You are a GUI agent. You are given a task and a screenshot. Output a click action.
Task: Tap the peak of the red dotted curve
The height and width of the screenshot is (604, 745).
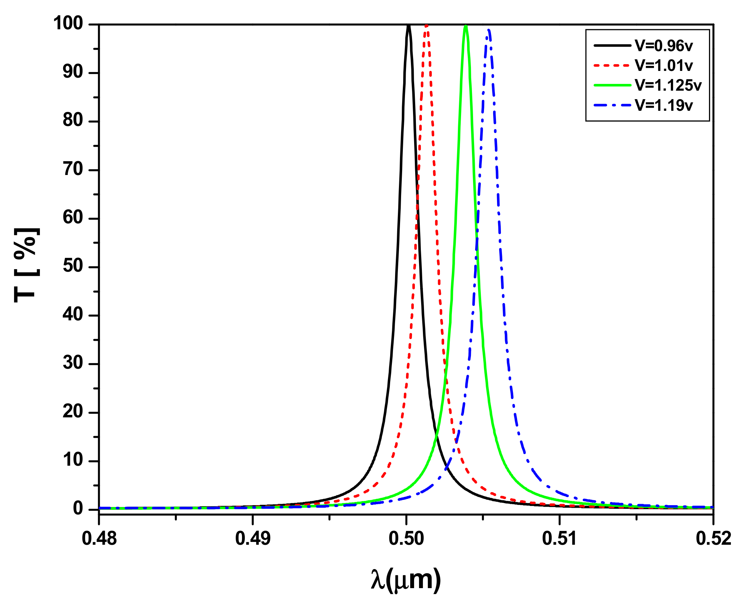(427, 26)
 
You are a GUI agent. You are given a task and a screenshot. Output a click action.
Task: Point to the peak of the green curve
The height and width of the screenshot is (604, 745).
(466, 26)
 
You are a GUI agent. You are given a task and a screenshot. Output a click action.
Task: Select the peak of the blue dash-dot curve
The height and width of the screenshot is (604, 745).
(489, 30)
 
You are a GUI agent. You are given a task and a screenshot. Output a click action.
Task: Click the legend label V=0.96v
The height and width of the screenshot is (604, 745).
(664, 46)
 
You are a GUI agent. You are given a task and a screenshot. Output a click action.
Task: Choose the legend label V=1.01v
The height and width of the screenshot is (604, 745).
(664, 65)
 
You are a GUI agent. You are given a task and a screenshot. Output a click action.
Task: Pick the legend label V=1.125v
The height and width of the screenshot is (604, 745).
(668, 85)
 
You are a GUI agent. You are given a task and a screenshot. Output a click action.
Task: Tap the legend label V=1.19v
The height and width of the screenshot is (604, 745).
(664, 105)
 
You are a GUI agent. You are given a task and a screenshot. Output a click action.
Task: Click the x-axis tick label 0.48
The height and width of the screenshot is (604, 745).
(99, 539)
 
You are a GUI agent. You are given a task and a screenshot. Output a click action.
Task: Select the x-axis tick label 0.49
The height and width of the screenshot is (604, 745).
(253, 539)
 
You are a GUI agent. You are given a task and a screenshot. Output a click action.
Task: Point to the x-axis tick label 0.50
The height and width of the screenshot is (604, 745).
(406, 539)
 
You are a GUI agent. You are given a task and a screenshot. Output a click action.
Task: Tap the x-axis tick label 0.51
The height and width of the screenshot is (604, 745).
(559, 539)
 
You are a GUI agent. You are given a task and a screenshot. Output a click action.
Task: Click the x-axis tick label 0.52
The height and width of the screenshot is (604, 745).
(713, 539)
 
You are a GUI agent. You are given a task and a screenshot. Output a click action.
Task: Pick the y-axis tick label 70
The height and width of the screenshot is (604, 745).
(73, 169)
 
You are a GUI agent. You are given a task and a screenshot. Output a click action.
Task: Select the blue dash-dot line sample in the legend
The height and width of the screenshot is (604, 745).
(612, 105)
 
